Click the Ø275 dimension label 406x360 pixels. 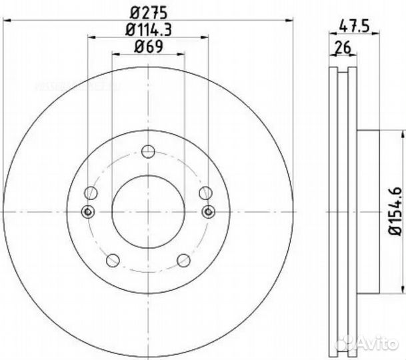click(x=148, y=11)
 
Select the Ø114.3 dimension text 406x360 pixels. click(x=148, y=29)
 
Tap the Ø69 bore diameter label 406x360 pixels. click(x=148, y=47)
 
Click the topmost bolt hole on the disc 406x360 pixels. click(x=148, y=153)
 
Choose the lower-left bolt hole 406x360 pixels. click(x=113, y=259)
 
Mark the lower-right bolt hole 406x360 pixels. click(x=183, y=259)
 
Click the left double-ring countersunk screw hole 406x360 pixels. click(x=87, y=212)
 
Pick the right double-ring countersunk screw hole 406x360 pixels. click(x=209, y=212)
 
